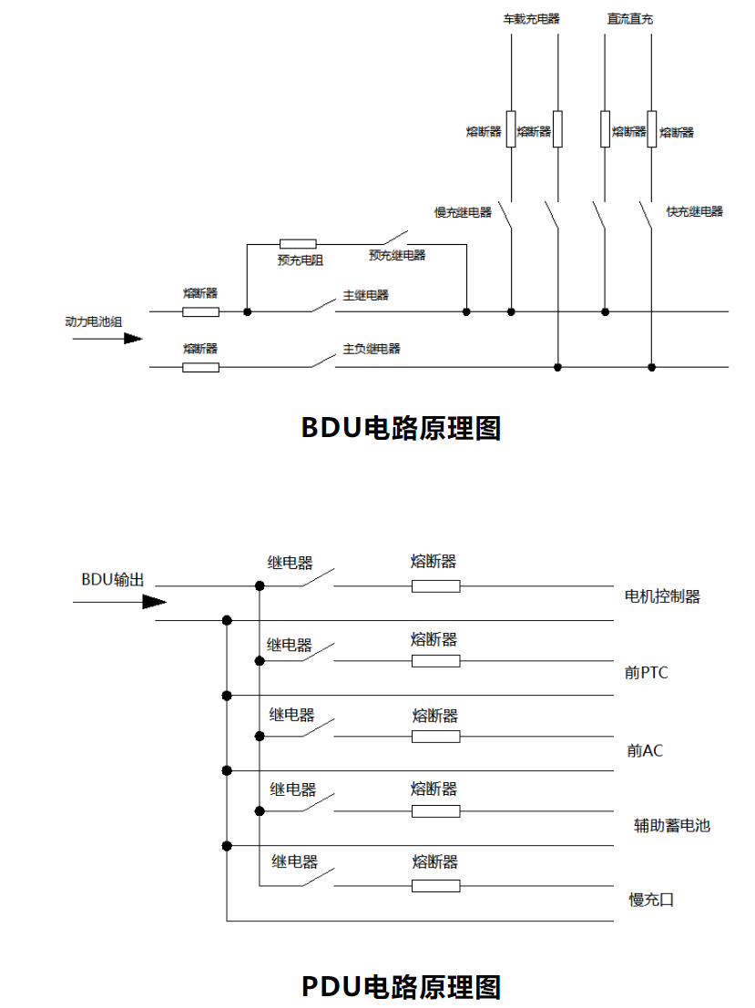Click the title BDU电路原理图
click(x=401, y=427)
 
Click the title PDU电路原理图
click(x=401, y=985)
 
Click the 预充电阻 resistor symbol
click(x=298, y=244)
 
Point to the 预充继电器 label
click(x=397, y=256)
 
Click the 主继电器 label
click(x=365, y=295)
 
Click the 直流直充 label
click(x=629, y=18)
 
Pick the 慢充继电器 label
click(x=463, y=212)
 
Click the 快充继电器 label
click(x=694, y=211)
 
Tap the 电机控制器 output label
click(x=662, y=596)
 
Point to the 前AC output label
click(x=645, y=750)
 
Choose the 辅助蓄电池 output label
click(x=672, y=826)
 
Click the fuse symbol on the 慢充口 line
click(x=435, y=885)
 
